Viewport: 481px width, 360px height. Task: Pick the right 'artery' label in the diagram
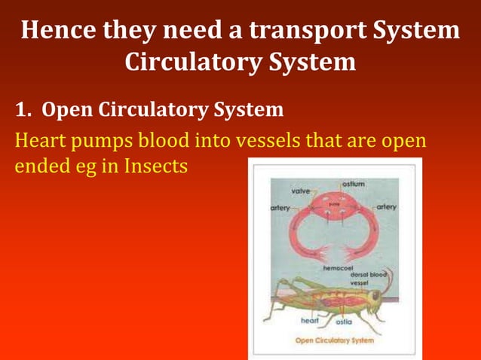387,206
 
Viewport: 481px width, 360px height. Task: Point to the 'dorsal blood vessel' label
369,278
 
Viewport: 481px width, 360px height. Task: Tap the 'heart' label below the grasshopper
310,321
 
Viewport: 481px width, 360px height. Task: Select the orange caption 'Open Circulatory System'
334,340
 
